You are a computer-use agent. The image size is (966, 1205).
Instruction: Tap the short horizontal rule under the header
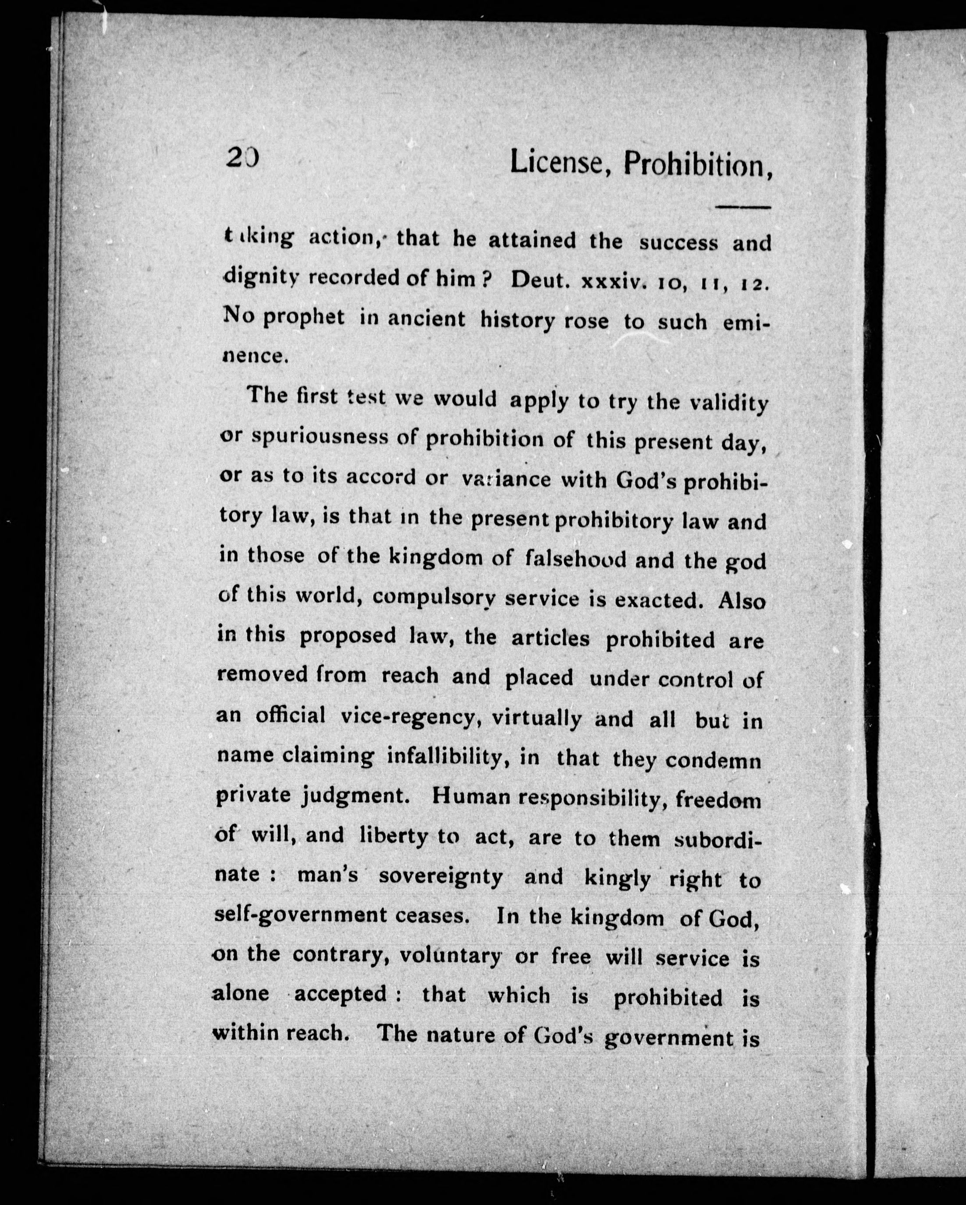click(743, 208)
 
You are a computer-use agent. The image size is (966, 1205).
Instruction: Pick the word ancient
click(426, 319)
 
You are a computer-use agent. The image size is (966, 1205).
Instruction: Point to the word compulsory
click(434, 598)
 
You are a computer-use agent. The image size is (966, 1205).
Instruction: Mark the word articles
click(550, 638)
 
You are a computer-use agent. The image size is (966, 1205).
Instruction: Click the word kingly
click(617, 879)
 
